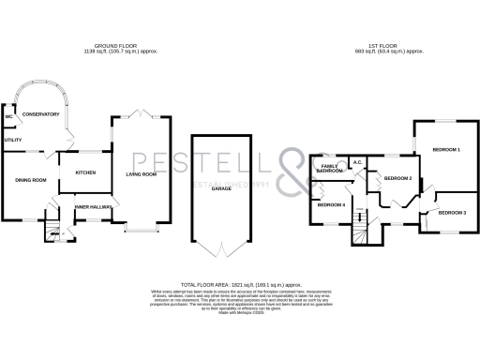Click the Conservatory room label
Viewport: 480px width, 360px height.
[x=40, y=114]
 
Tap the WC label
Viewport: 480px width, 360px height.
[x=8, y=117]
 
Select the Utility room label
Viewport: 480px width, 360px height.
[x=12, y=140]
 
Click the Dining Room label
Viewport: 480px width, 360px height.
[x=29, y=180]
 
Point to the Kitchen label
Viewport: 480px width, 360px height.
[x=86, y=172]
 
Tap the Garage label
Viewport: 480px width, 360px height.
[x=221, y=188]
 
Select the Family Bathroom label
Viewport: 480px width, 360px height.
[x=329, y=169]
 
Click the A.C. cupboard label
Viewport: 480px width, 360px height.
[x=357, y=162]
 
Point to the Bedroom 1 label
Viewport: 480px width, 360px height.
[x=445, y=150]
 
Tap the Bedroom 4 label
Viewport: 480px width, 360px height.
[x=330, y=204]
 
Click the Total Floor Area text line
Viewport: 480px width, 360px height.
[x=240, y=283]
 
